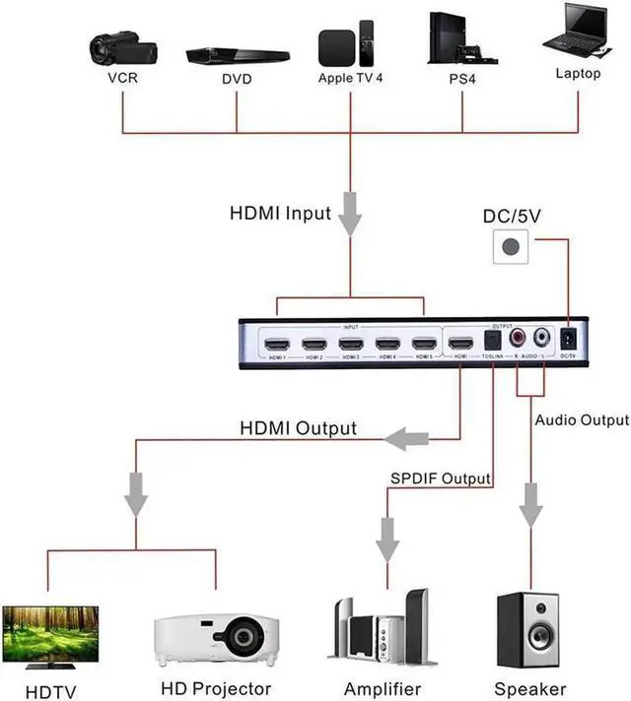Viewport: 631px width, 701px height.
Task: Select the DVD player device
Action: pyautogui.click(x=237, y=55)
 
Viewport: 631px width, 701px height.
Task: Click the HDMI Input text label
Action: pyautogui.click(x=280, y=212)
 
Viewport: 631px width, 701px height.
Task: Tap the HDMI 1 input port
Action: pyautogui.click(x=276, y=345)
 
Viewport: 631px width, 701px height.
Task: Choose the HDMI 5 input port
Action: pyautogui.click(x=424, y=345)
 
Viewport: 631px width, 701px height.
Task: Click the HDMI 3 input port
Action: pyautogui.click(x=350, y=345)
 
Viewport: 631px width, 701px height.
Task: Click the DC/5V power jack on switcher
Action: pyautogui.click(x=568, y=340)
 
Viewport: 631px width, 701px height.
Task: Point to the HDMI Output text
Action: pyautogui.click(x=299, y=428)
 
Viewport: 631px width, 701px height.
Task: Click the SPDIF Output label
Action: pyautogui.click(x=440, y=478)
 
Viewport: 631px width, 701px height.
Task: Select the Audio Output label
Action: pyautogui.click(x=582, y=420)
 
